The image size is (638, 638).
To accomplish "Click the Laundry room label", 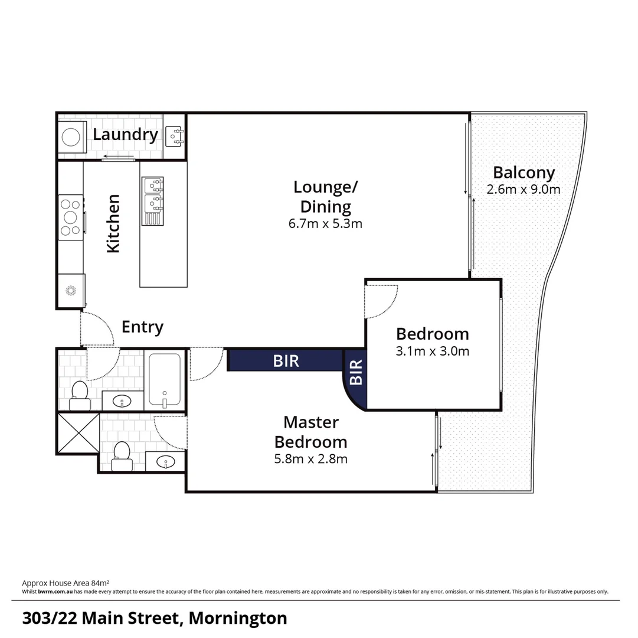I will (125, 135).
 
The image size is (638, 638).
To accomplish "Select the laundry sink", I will (174, 136).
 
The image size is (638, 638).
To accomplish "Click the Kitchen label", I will (113, 224).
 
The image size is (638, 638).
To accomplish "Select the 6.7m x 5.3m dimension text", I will (325, 224).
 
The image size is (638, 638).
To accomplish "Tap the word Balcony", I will (524, 172).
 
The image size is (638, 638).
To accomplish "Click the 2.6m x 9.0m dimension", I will (524, 190).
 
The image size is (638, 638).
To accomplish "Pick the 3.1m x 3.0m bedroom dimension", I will (433, 351).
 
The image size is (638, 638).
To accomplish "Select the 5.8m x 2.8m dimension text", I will (311, 458).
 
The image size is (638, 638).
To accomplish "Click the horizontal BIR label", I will (286, 360).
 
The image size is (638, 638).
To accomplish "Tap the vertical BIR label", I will (356, 373).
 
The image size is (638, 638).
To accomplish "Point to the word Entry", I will (142, 327).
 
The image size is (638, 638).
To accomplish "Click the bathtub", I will (165, 379).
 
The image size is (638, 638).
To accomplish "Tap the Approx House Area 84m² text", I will (66, 582).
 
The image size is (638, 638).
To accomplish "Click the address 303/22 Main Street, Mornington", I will (155, 619).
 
